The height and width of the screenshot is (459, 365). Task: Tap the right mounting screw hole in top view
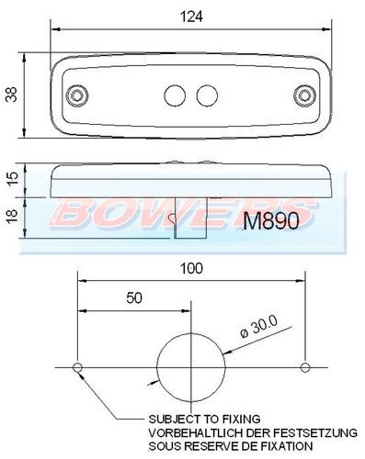(306, 94)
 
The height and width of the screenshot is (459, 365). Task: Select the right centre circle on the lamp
(208, 95)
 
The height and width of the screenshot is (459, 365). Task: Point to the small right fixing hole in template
(302, 368)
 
